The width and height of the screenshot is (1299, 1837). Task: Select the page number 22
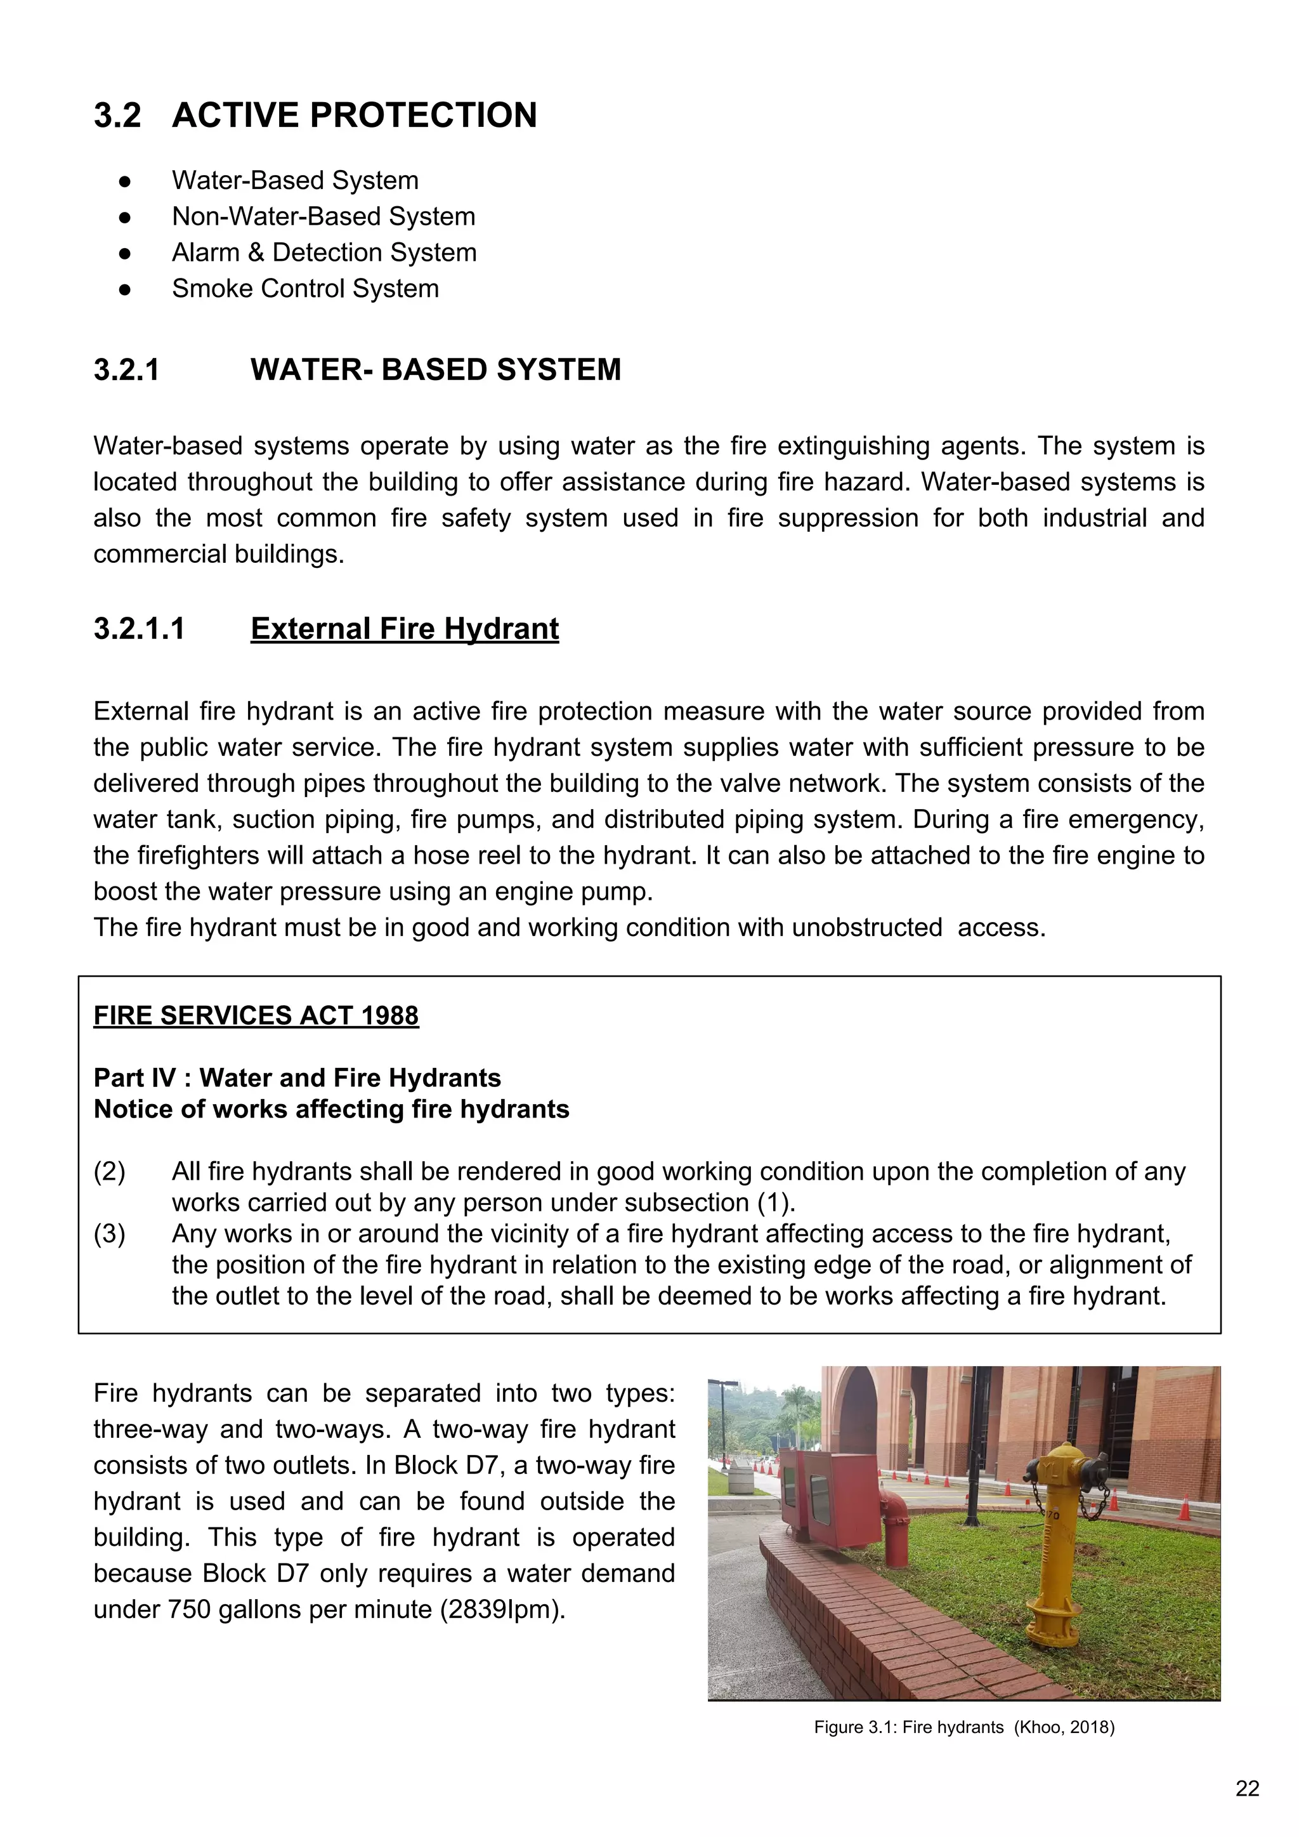coord(1247,1788)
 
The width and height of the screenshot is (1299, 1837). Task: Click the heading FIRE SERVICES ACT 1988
coord(256,1015)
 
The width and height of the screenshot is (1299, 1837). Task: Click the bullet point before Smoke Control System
coord(125,289)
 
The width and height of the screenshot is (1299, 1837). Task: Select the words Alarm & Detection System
coord(324,252)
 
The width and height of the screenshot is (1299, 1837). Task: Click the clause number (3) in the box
coord(110,1233)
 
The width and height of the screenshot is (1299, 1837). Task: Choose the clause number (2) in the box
coord(110,1171)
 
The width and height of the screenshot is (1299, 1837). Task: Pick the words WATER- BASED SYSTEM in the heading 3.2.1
coord(435,370)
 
